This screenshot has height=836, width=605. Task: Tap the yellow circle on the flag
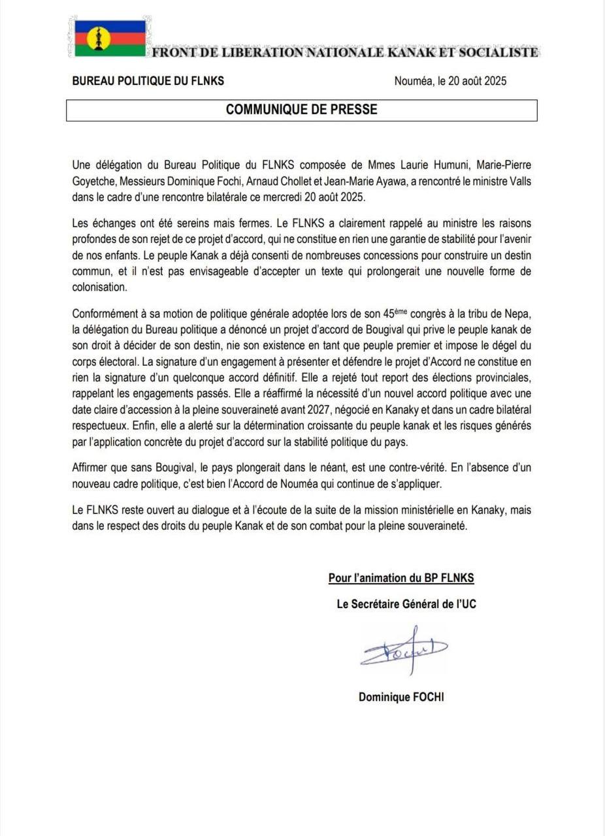tap(98, 38)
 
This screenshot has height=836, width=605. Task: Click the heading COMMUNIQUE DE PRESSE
tap(301, 110)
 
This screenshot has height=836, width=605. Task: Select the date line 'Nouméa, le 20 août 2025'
tap(450, 82)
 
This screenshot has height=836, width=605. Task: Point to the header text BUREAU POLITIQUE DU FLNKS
tap(148, 81)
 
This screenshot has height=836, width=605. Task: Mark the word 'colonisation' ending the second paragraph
tap(99, 286)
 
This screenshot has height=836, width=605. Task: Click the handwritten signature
tap(403, 648)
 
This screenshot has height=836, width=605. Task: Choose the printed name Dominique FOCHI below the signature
tap(401, 698)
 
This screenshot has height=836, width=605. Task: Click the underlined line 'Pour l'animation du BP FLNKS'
tap(401, 578)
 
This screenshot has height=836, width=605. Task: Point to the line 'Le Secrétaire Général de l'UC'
tap(406, 605)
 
